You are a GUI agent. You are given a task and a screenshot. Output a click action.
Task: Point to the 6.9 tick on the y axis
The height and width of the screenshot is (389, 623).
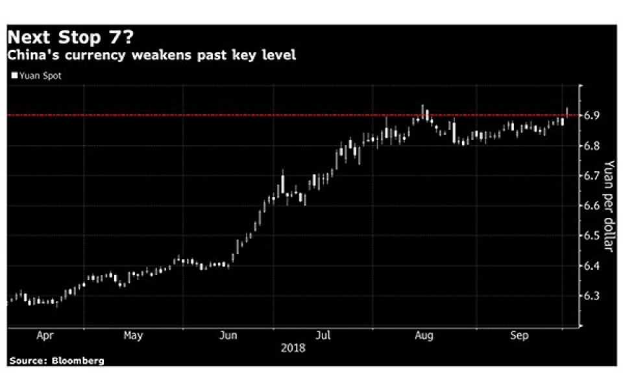(x=592, y=115)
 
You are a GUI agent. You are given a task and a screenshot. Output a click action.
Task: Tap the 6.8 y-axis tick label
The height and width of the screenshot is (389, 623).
(x=592, y=146)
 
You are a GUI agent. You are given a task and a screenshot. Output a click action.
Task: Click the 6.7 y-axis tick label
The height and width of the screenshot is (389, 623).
(x=592, y=176)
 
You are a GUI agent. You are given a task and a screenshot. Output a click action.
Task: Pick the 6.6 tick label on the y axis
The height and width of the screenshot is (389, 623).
(x=592, y=206)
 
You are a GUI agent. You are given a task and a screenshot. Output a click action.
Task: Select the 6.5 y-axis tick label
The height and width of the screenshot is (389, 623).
(x=592, y=236)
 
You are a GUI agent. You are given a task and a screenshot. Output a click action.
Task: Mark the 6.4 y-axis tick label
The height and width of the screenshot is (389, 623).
(x=592, y=266)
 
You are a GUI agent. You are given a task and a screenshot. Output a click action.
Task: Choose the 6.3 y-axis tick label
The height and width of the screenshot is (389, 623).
(x=592, y=296)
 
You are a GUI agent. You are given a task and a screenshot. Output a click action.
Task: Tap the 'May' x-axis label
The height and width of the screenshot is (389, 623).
(x=133, y=336)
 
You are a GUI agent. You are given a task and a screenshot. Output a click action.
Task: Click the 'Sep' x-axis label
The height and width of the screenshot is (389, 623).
(x=519, y=336)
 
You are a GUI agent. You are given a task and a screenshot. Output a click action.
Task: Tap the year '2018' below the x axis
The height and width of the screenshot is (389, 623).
(x=293, y=348)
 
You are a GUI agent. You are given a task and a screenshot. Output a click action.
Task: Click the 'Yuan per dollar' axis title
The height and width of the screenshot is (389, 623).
(x=609, y=206)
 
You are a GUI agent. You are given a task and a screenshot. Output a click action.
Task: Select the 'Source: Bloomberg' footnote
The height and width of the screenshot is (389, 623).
(x=56, y=360)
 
